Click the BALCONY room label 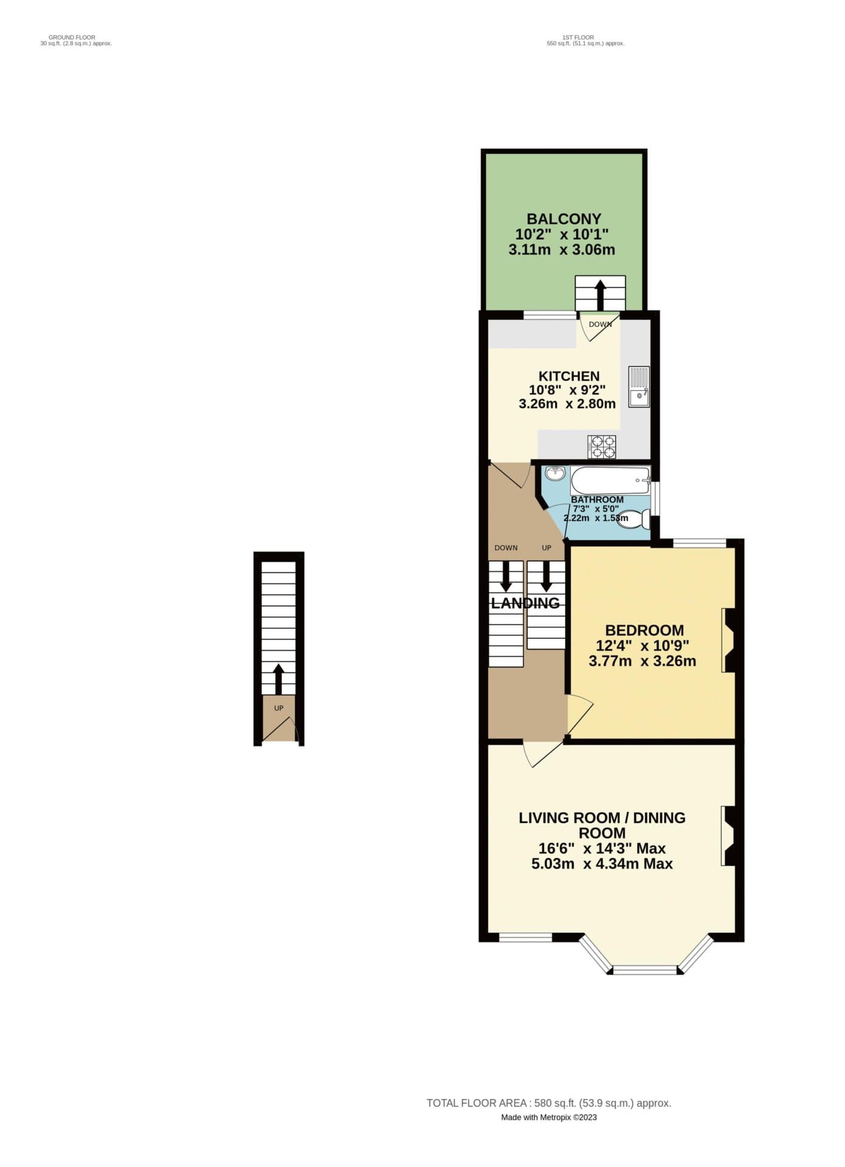pos(564,219)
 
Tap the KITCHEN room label pos(569,376)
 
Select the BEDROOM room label pos(644,630)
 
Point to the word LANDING pos(525,603)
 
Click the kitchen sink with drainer pos(638,387)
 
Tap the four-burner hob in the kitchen pos(602,447)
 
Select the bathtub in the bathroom pos(610,481)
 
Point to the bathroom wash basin pos(554,472)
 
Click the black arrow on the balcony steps pos(600,295)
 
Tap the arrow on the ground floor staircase pos(278,679)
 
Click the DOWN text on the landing pos(506,548)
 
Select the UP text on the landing pos(547,548)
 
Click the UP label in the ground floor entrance pos(279,708)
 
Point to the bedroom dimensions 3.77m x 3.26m pos(643,661)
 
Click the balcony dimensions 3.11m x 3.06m pos(562,250)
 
